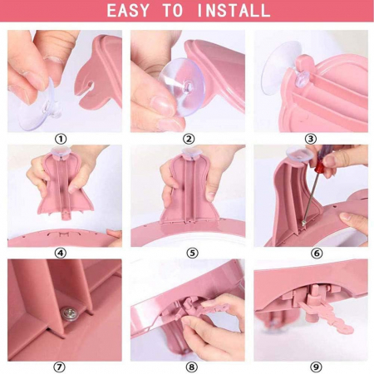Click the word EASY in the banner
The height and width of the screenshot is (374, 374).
128,11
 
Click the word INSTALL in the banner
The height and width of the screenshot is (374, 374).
234,11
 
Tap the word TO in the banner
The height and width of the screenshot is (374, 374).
172,11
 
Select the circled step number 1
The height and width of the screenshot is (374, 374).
61,139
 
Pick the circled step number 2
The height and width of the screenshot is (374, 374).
189,139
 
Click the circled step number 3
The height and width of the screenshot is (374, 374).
311,139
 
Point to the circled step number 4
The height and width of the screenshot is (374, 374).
61,253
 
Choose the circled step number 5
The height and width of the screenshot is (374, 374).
192,253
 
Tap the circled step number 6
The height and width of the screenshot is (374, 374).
317,253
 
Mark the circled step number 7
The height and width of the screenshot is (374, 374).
59,367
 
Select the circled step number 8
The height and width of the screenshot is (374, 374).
191,367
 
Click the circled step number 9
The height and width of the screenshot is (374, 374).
316,367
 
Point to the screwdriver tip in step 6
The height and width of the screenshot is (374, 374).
304,222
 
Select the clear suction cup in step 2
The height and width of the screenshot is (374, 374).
181,86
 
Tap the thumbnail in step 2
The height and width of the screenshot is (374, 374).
163,106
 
